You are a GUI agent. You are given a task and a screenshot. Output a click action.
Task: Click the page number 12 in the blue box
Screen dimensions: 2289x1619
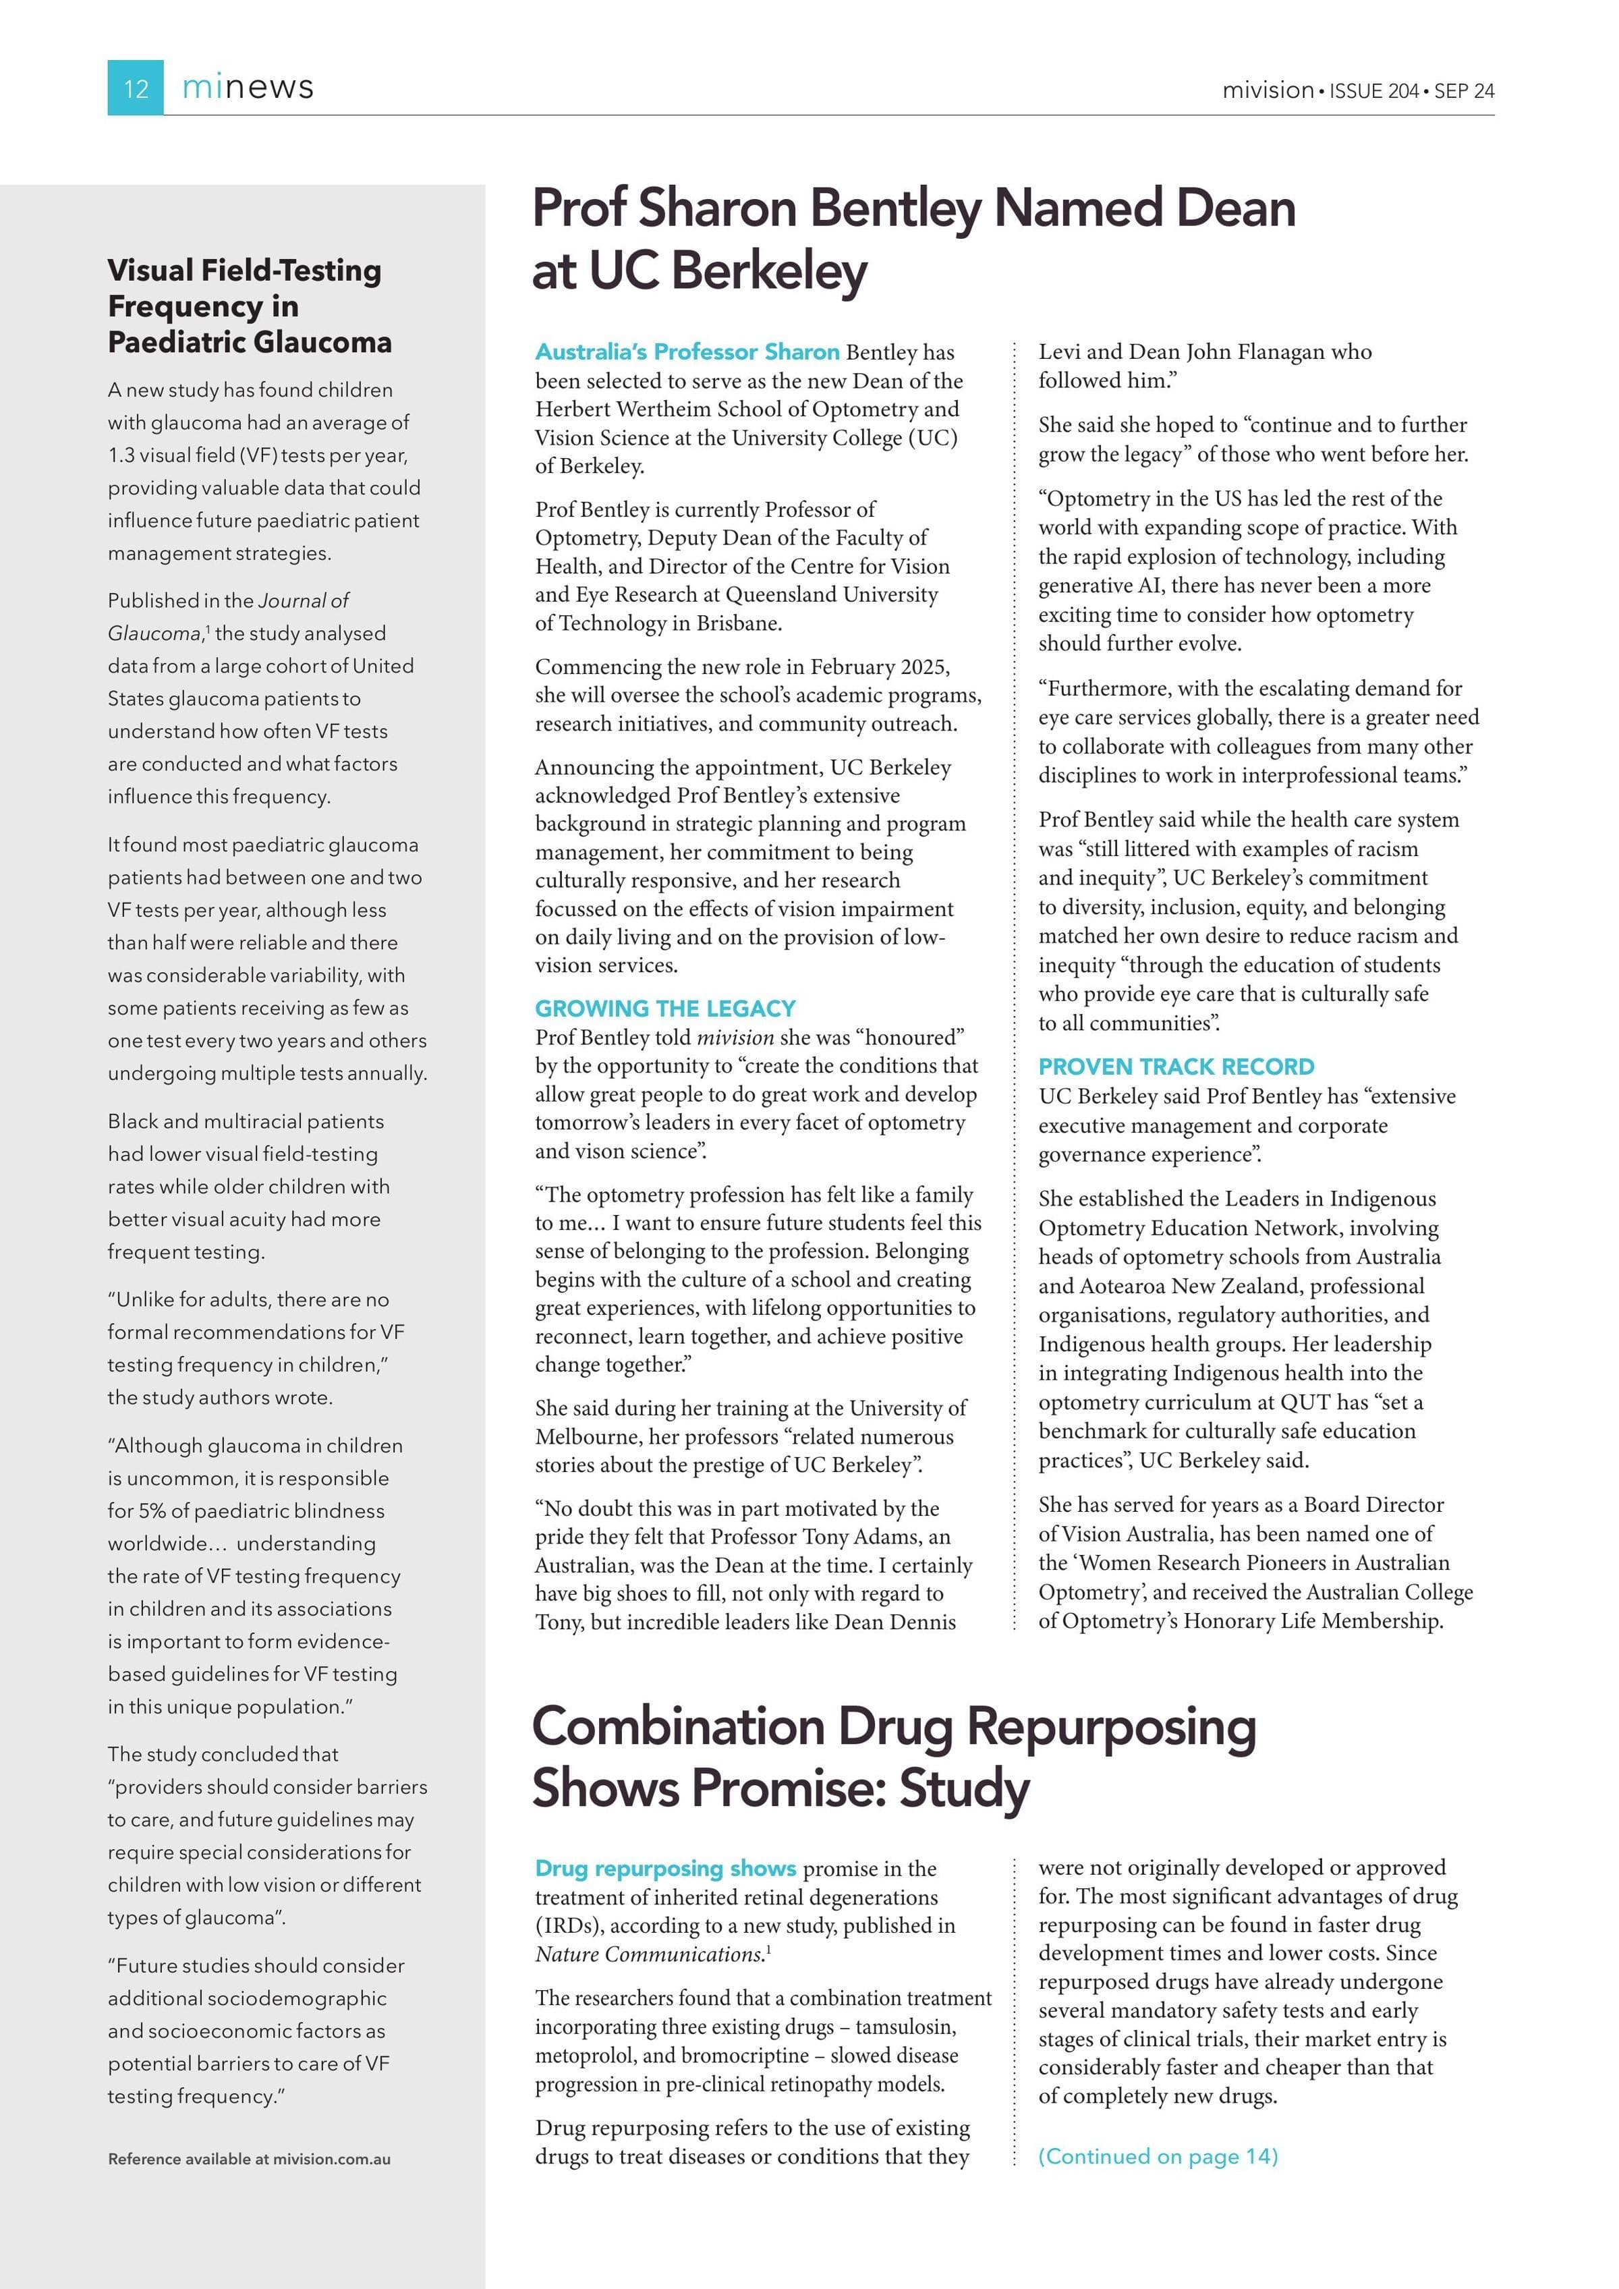coord(136,89)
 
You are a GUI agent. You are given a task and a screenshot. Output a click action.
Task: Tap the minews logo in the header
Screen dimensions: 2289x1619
coord(248,88)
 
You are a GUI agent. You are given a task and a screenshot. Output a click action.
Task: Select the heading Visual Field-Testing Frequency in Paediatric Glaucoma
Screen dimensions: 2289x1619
coord(249,306)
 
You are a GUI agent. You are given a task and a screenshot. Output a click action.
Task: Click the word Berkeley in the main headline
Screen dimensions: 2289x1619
coord(728,271)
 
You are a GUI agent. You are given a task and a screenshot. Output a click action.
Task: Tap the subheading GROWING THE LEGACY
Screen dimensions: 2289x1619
coord(665,1008)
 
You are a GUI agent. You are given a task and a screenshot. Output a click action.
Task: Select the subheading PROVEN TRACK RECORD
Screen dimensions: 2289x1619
coord(1176,1067)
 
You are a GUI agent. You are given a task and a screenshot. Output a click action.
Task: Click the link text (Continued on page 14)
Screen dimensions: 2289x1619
coord(1158,2156)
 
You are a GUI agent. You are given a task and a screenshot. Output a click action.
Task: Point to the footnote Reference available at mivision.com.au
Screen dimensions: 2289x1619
coord(249,2159)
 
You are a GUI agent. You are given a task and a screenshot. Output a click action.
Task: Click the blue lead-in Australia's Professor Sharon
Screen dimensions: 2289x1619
coord(687,352)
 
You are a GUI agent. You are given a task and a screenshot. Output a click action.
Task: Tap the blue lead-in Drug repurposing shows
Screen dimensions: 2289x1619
coord(665,1868)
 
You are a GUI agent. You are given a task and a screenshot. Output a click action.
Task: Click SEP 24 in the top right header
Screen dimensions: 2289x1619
coord(1465,90)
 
